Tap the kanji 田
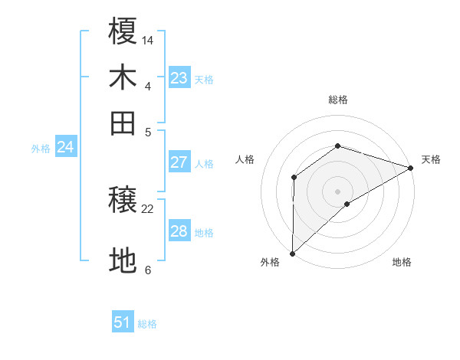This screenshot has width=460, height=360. pos(123,123)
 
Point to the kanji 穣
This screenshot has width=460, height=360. pos(123,201)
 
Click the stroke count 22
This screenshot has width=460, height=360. pos(148,208)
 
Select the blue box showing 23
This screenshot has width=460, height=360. pos(179,77)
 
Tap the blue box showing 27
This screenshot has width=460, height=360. pos(179,162)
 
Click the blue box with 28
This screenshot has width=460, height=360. pos(179,231)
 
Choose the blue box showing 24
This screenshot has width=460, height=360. pos(65,147)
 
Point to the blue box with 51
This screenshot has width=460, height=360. pos(123,322)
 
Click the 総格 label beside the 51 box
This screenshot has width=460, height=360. pos(147,324)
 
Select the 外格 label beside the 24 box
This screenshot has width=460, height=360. pos(41,149)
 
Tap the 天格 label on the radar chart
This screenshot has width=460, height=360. pos(431,159)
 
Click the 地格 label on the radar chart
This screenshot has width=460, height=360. pos(402,262)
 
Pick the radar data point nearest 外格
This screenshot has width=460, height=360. pos(292,253)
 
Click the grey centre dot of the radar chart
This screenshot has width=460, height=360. pos(337,191)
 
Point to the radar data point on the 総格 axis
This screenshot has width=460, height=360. pos(337,146)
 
